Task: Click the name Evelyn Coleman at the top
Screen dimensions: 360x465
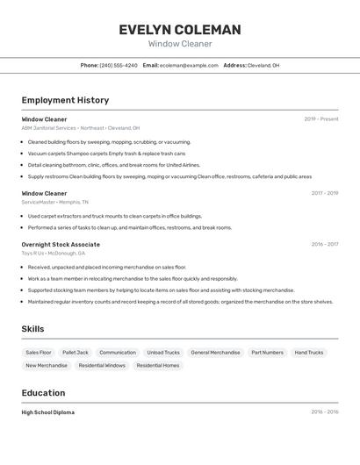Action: tap(180, 30)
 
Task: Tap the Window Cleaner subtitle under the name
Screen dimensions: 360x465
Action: tap(180, 44)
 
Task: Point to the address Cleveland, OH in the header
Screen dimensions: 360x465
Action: tap(263, 66)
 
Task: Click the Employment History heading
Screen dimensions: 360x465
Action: tap(65, 100)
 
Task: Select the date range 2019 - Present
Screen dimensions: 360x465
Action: tap(321, 119)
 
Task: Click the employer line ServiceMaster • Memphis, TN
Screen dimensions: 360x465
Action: tap(55, 202)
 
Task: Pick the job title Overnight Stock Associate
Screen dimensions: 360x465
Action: tap(61, 245)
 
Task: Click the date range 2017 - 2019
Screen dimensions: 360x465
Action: tap(325, 193)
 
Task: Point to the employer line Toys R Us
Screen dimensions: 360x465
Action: tap(54, 254)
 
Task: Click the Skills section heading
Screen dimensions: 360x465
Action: tap(33, 329)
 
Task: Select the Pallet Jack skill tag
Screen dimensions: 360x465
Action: tap(76, 353)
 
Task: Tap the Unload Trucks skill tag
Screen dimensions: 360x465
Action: tap(163, 353)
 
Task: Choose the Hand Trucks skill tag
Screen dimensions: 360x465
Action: tap(309, 353)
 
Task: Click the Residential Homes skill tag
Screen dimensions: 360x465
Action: tap(158, 366)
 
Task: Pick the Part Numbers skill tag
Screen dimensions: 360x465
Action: tap(267, 353)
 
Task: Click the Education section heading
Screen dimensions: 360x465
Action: tap(44, 393)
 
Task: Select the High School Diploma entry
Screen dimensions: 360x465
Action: tap(48, 412)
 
